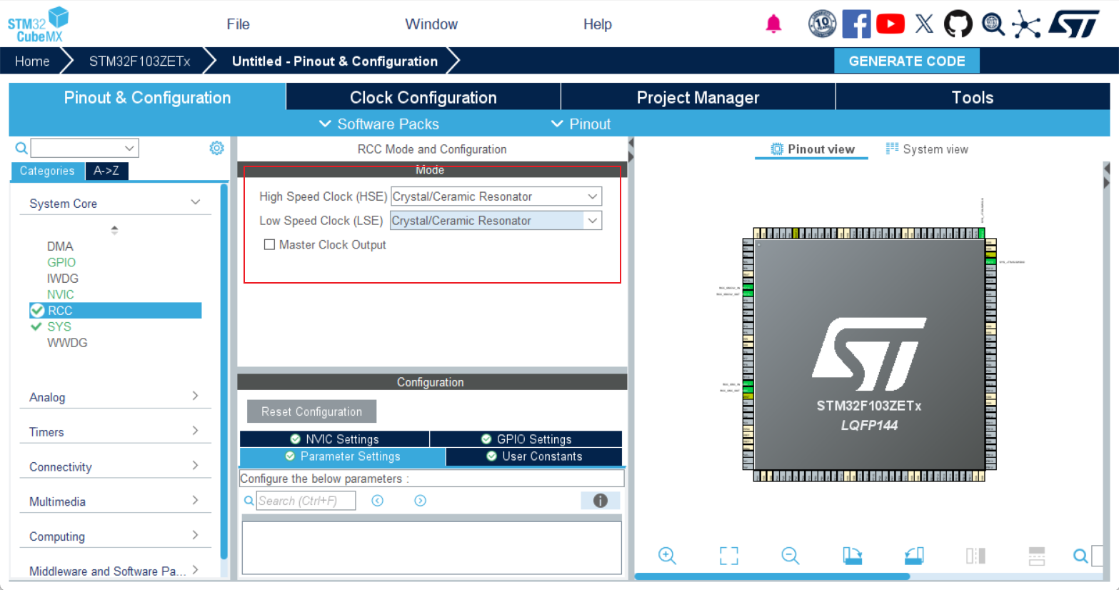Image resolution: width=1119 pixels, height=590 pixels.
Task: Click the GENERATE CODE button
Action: pyautogui.click(x=906, y=61)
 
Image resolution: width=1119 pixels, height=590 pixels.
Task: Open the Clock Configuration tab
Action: pyautogui.click(x=423, y=98)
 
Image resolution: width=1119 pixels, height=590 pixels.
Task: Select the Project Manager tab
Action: pyautogui.click(x=698, y=98)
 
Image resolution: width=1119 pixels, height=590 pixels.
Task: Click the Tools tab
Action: pyautogui.click(x=972, y=98)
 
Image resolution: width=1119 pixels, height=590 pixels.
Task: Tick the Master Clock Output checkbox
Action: pyautogui.click(x=269, y=244)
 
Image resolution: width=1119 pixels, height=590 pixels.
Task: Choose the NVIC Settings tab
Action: pyautogui.click(x=334, y=439)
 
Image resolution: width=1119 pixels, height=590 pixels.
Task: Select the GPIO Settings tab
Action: pyautogui.click(x=526, y=439)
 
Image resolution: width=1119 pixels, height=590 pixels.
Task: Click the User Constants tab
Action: pyautogui.click(x=533, y=456)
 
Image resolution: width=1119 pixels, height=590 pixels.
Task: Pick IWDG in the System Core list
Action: pyautogui.click(x=63, y=279)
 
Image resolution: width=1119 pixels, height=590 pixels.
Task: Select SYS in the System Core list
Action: pyautogui.click(x=59, y=326)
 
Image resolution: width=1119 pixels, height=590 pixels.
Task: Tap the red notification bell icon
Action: pyautogui.click(x=773, y=24)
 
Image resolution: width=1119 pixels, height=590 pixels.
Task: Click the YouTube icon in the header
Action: pyautogui.click(x=890, y=24)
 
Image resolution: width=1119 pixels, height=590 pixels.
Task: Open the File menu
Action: pyautogui.click(x=238, y=24)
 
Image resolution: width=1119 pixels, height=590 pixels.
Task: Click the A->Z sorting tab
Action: pyautogui.click(x=106, y=171)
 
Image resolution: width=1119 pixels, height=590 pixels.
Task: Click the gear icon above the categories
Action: pyautogui.click(x=216, y=148)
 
